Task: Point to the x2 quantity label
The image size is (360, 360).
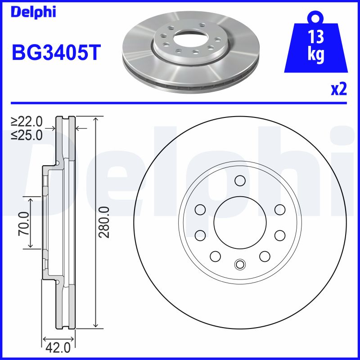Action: pyautogui.click(x=338, y=90)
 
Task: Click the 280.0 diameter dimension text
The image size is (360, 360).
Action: pyautogui.click(x=104, y=222)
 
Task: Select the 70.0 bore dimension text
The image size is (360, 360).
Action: pyautogui.click(x=23, y=223)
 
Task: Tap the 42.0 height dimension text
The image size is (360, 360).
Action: pyautogui.click(x=58, y=348)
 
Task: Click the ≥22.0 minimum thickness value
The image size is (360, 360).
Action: pyautogui.click(x=27, y=121)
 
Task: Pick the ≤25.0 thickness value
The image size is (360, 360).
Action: pyautogui.click(x=27, y=134)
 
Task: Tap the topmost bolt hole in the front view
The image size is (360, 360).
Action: pyautogui.click(x=239, y=181)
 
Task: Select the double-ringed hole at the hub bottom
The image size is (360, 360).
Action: pyautogui.click(x=239, y=264)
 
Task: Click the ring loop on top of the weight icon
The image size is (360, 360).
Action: pyautogui.click(x=316, y=18)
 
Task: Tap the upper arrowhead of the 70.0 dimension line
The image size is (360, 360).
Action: pyautogui.click(x=30, y=198)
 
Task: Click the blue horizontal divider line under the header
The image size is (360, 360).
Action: pyautogui.click(x=180, y=103)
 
